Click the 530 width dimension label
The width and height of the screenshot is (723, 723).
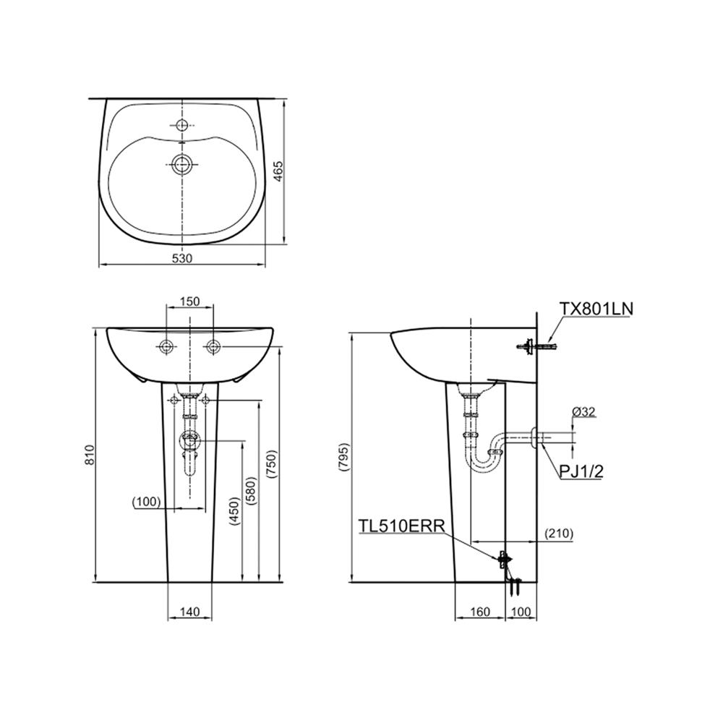click(182, 258)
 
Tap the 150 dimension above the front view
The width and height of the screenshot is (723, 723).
click(190, 301)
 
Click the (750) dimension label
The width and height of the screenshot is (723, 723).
click(271, 464)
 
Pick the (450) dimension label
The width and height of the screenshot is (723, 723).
click(234, 511)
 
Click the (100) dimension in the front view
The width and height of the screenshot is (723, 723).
click(146, 501)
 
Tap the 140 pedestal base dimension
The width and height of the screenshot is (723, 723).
click(189, 612)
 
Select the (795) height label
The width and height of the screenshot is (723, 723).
click(344, 457)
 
